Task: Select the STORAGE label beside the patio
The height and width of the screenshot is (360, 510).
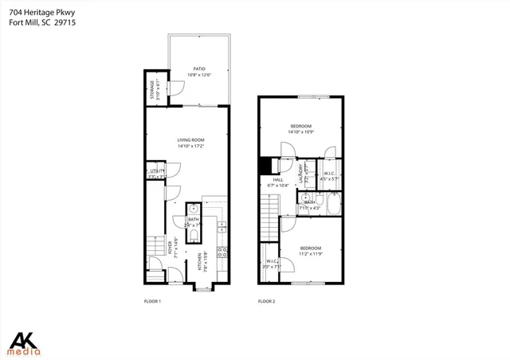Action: tap(151, 90)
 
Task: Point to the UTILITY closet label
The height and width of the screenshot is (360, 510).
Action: tap(155, 171)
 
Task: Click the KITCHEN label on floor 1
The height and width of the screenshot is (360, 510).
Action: tap(199, 263)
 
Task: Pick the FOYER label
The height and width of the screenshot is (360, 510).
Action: tap(170, 248)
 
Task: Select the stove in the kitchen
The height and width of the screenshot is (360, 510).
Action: tap(222, 255)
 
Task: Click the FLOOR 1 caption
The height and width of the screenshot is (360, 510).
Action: tap(152, 301)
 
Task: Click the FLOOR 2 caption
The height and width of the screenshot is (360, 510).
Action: tap(266, 301)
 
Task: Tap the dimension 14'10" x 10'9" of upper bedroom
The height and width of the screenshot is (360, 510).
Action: tap(300, 131)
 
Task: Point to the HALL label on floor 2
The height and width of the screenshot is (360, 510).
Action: tap(278, 180)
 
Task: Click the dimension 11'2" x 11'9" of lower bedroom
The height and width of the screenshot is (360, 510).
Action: tap(310, 255)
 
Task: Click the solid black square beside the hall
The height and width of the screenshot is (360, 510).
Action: tap(266, 165)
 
